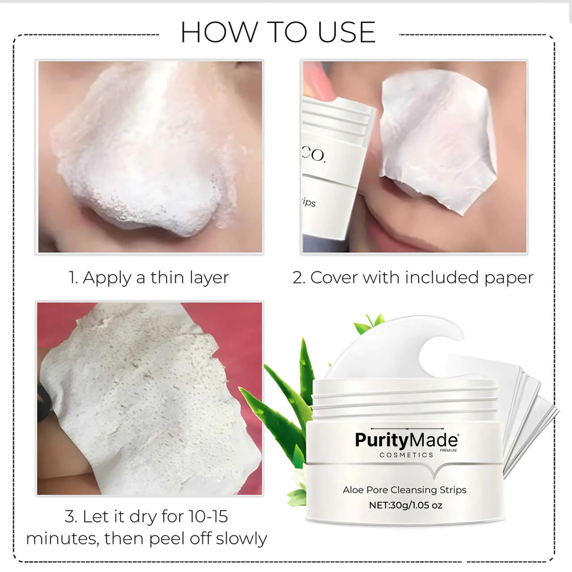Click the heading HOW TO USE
(278, 32)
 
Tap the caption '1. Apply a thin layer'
(148, 278)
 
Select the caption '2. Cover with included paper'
(413, 278)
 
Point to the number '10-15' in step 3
(208, 517)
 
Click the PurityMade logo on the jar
(406, 440)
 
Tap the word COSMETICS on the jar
(406, 455)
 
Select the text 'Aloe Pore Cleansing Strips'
(404, 490)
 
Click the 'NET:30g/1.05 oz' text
(405, 505)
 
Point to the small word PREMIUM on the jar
(448, 450)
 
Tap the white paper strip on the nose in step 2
(436, 139)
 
